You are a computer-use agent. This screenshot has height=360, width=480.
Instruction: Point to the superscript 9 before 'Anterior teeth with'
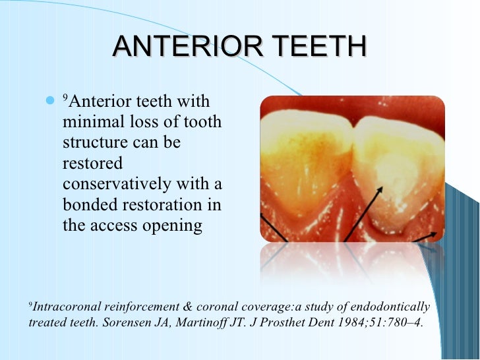pos(65,98)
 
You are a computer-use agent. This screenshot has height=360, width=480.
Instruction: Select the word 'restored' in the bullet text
pos(92,164)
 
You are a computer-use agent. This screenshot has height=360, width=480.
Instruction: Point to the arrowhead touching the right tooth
pos(379,191)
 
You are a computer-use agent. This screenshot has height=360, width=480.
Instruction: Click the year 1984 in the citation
pos(351,323)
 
